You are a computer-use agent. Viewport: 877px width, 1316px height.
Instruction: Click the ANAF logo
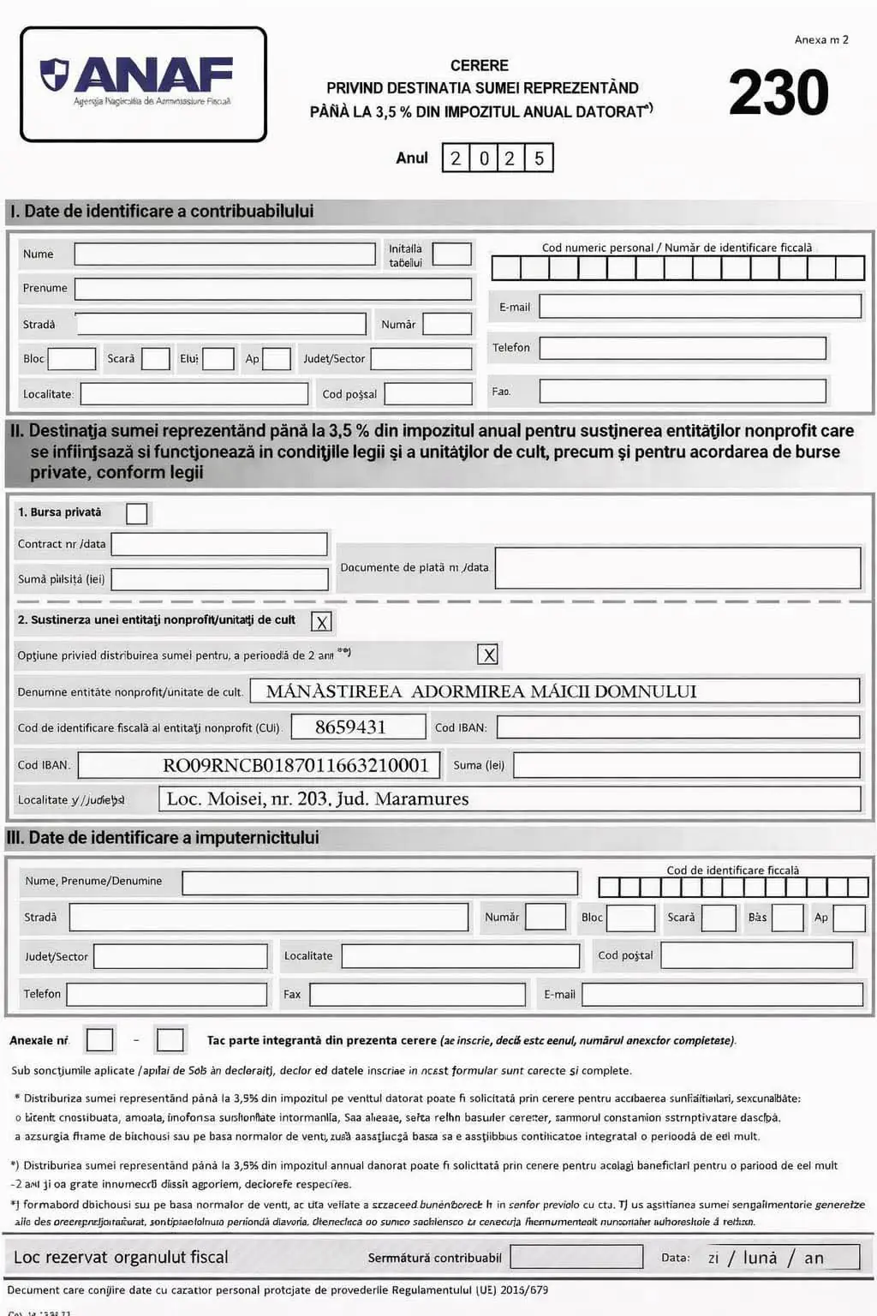(143, 83)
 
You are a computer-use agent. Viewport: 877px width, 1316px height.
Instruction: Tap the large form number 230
(779, 93)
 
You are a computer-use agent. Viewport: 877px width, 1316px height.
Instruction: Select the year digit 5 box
(539, 159)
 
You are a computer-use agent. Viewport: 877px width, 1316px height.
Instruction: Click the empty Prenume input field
(272, 289)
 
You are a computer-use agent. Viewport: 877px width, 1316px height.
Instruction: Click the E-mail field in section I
(699, 307)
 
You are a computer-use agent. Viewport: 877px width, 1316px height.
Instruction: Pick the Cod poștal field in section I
(428, 394)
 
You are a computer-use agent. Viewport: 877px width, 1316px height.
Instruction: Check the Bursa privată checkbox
(136, 513)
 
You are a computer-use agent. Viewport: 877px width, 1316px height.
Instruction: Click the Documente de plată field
(677, 568)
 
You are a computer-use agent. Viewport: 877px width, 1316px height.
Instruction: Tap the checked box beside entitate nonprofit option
(322, 622)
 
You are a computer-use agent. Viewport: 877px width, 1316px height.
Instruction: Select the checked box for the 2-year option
(488, 655)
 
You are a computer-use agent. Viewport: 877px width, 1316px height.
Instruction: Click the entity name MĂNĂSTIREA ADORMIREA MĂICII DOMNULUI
(481, 691)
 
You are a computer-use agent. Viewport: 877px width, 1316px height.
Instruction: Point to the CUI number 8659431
(350, 727)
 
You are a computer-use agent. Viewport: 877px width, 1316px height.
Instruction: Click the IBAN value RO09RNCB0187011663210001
(295, 765)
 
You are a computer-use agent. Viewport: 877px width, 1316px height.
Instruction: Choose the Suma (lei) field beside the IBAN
(686, 765)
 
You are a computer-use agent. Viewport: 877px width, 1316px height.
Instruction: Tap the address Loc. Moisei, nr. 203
(318, 799)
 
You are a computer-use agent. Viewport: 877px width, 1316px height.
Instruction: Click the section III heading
(163, 838)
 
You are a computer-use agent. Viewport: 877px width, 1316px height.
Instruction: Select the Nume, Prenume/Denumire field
(379, 882)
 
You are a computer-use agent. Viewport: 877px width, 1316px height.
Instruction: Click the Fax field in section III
(417, 995)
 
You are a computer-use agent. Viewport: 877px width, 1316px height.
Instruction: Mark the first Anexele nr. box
(99, 1040)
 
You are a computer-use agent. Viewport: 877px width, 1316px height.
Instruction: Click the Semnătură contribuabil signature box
(576, 1257)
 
